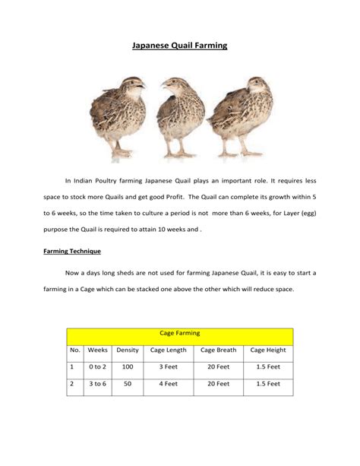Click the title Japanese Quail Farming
point(179,46)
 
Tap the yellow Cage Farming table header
point(179,333)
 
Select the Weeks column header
point(98,350)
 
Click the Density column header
point(128,350)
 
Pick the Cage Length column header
point(168,350)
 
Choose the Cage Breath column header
point(218,350)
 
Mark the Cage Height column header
point(267,350)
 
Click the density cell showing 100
point(128,367)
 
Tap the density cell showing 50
point(128,385)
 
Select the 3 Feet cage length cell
point(168,367)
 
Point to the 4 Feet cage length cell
point(168,385)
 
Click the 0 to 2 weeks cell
point(98,367)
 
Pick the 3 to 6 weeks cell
point(98,385)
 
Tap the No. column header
point(74,350)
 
